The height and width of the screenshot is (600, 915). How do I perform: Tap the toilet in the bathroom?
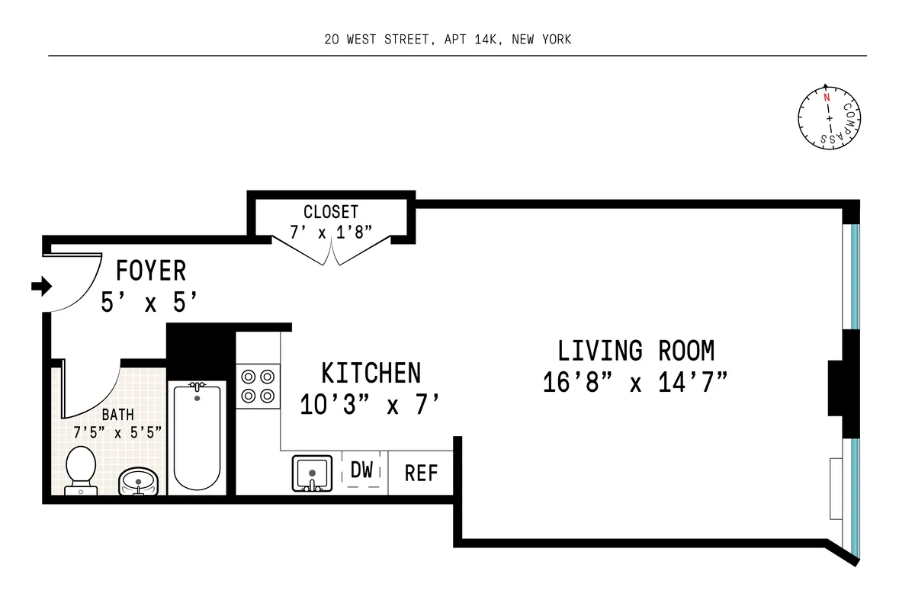point(80,468)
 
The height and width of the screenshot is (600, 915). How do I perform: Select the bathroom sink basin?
point(138,480)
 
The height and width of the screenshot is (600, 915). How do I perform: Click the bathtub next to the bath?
point(197,438)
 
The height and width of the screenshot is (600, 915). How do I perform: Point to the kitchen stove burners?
point(258,386)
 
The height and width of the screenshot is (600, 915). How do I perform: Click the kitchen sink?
point(312,473)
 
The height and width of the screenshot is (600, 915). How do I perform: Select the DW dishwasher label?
point(362,471)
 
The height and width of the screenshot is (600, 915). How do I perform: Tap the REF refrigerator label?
point(421,473)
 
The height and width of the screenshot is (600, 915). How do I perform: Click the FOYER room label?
point(150,271)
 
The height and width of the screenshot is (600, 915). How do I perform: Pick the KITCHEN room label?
point(371,374)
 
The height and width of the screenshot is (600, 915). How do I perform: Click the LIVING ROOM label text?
point(636,351)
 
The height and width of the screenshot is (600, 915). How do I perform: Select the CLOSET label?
point(330,212)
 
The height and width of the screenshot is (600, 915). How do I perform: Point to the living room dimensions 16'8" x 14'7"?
point(635,381)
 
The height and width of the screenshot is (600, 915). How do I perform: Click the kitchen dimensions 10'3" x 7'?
point(371,404)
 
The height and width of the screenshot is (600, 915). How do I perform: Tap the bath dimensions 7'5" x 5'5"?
point(117,432)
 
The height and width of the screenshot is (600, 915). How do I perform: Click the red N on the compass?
point(826,98)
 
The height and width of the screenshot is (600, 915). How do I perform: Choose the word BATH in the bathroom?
point(117,416)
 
